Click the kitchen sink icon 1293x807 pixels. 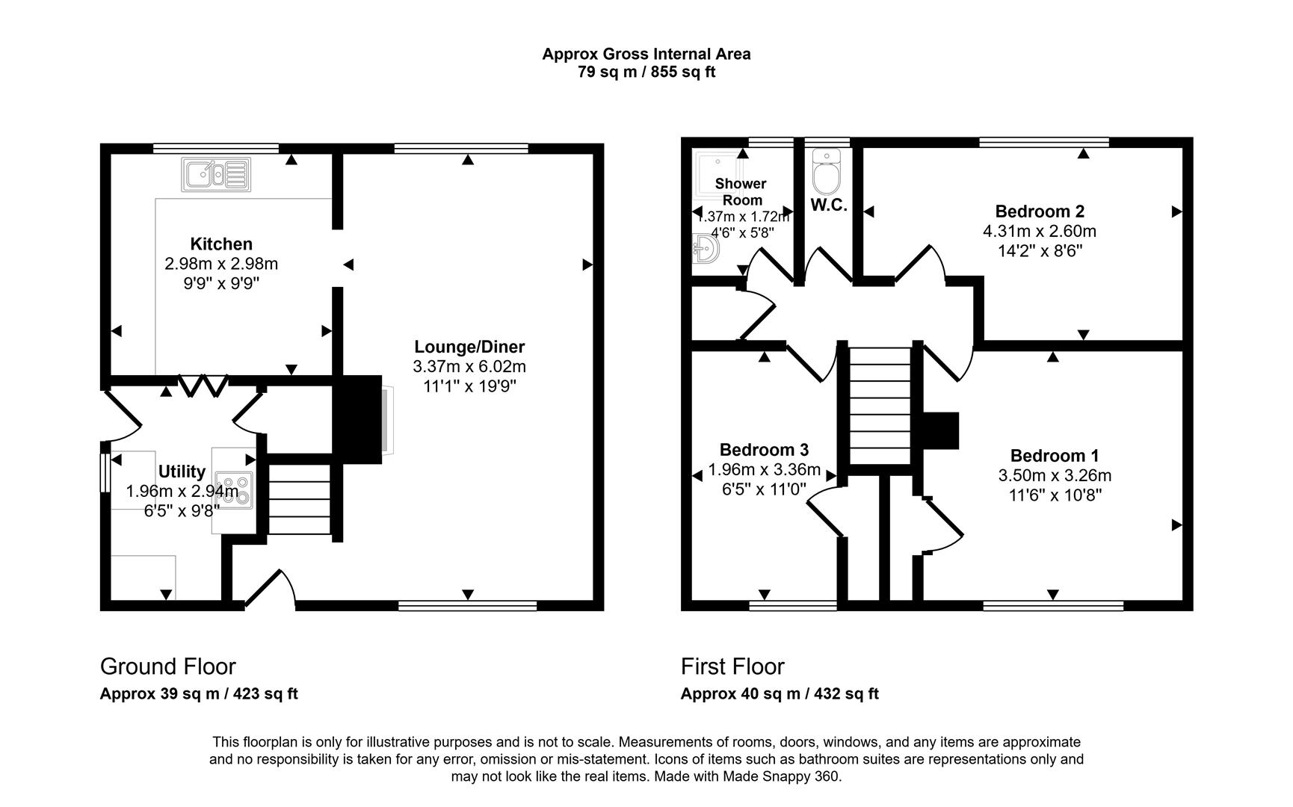pos(215,174)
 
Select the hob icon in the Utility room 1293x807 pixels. pos(233,490)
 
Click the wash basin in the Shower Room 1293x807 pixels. pos(705,248)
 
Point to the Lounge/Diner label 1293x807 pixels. pos(469,347)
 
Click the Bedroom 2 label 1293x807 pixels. pos(1039,211)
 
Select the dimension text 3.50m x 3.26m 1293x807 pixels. pos(1054,475)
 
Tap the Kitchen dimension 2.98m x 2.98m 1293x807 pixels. pos(221,264)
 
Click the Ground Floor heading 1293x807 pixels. pos(168,666)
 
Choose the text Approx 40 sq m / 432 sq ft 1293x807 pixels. pos(779,693)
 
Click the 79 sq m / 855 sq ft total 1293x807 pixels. pos(646,72)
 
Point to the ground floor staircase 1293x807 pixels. pos(299,498)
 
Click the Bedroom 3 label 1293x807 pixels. pos(764,450)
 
